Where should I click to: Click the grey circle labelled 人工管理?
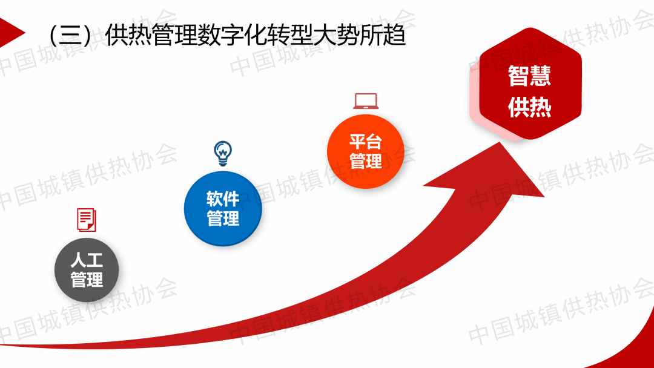click(87, 270)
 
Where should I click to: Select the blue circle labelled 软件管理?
click(223, 208)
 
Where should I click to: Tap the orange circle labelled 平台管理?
click(366, 151)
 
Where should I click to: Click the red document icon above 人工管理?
click(87, 220)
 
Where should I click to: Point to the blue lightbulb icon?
click(223, 153)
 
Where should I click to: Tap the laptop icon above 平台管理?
click(366, 101)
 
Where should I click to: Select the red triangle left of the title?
click(10, 33)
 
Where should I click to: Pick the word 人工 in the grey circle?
click(87, 260)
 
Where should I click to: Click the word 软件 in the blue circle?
click(223, 199)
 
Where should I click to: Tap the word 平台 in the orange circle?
click(366, 142)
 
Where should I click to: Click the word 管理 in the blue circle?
click(223, 218)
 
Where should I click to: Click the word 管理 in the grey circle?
click(87, 279)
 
